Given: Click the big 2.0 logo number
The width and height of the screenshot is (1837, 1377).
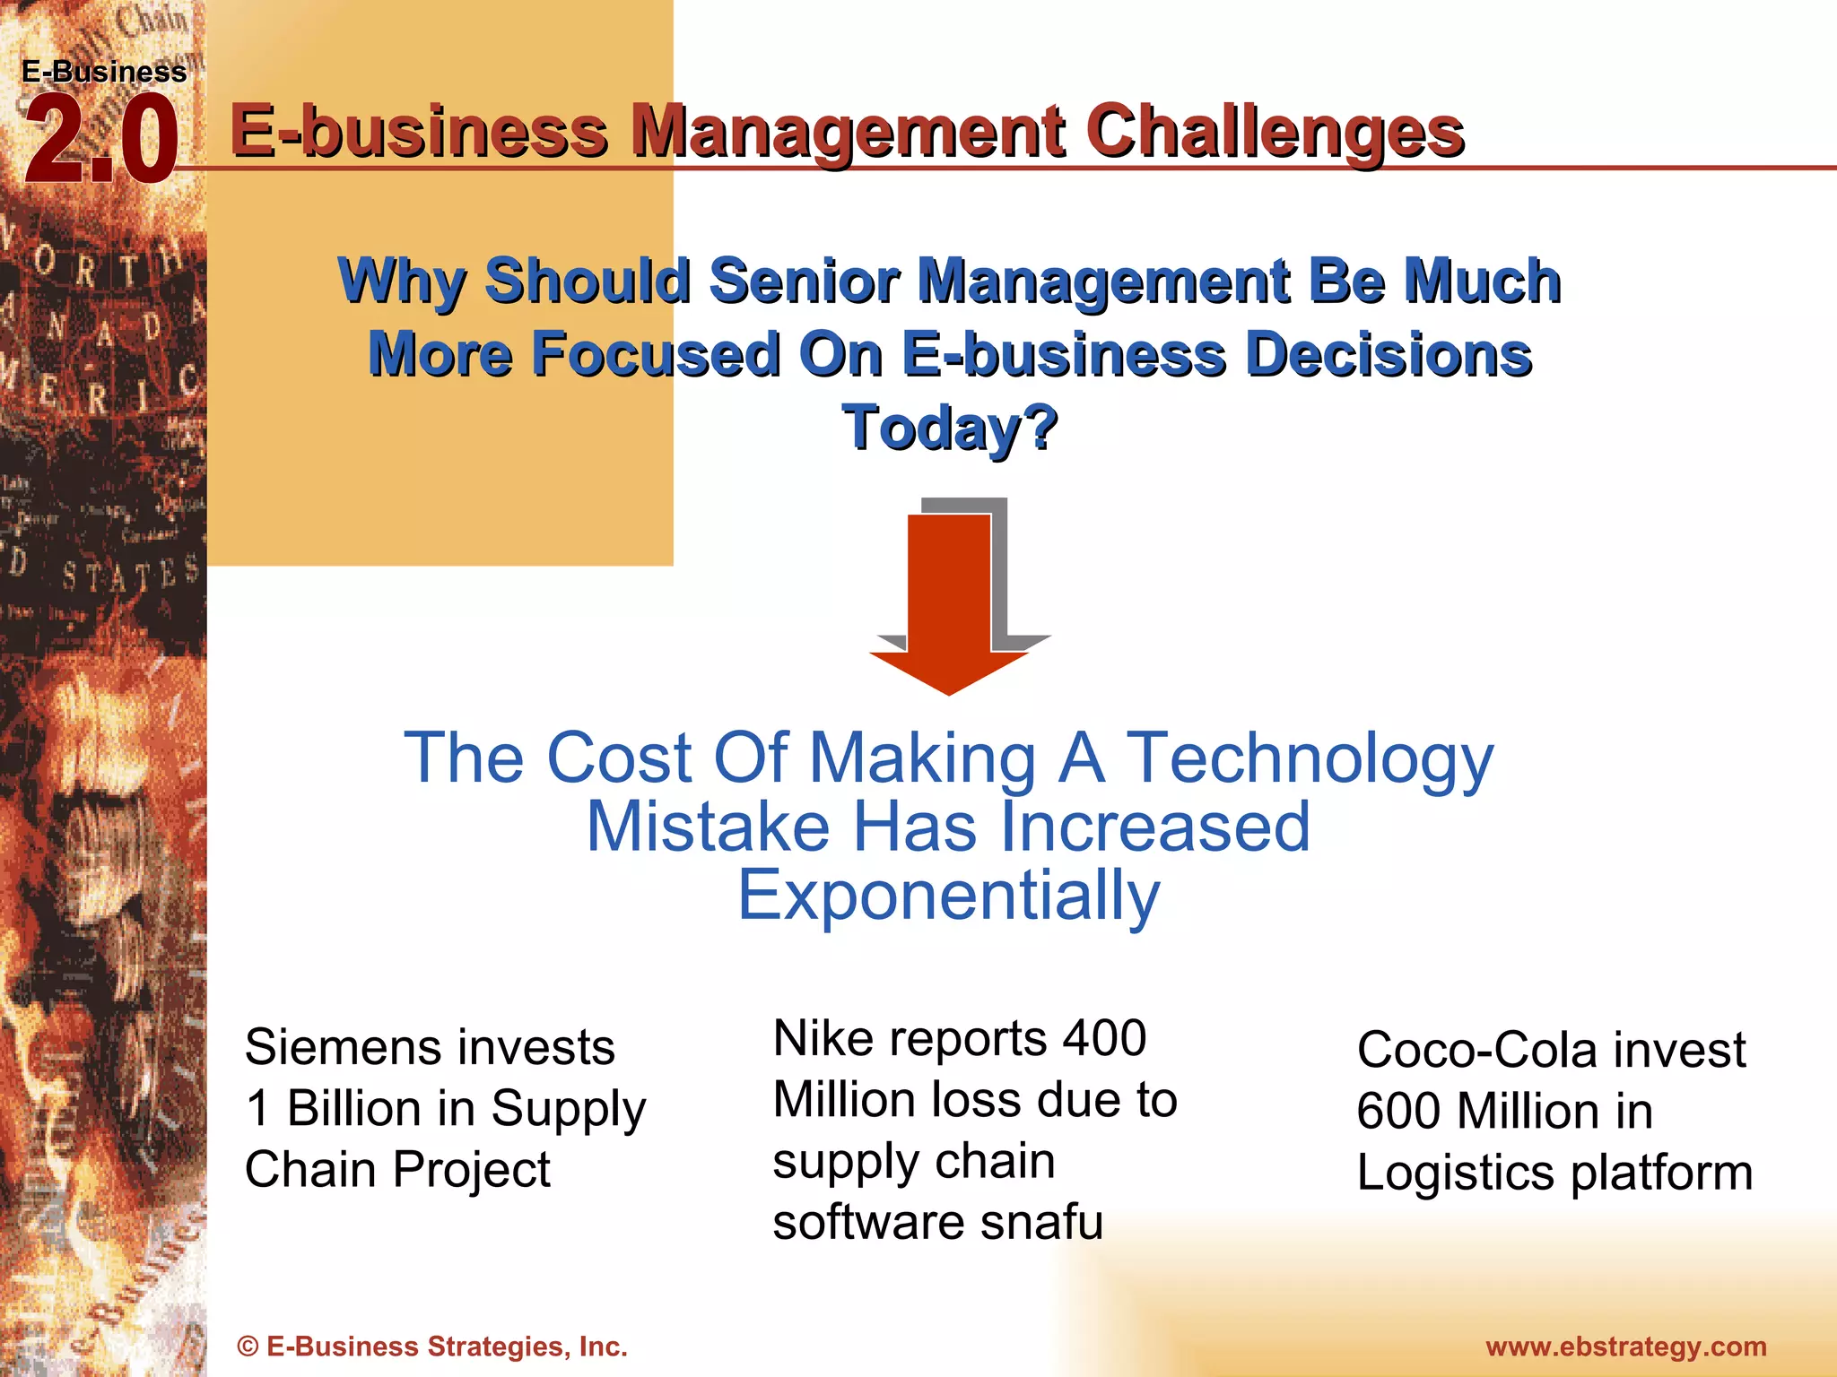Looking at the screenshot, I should [x=100, y=142].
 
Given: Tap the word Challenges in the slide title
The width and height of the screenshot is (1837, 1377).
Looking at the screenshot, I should [x=1275, y=132].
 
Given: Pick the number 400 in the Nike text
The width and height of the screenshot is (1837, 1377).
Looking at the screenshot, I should [x=1104, y=1038].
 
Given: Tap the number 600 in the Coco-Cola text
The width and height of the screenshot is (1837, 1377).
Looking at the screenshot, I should [x=1399, y=1111].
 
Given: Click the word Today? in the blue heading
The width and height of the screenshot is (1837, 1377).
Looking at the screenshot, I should [x=950, y=428].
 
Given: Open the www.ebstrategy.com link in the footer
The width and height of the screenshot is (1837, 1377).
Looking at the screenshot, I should [x=1625, y=1347].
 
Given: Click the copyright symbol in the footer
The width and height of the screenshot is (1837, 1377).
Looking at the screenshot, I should [x=248, y=1347].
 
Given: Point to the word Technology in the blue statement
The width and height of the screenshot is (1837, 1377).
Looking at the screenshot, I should [x=1310, y=758].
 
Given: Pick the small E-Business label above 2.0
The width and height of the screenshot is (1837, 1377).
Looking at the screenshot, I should [x=104, y=72].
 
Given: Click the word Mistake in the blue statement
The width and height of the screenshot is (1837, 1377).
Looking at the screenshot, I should [x=708, y=827].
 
